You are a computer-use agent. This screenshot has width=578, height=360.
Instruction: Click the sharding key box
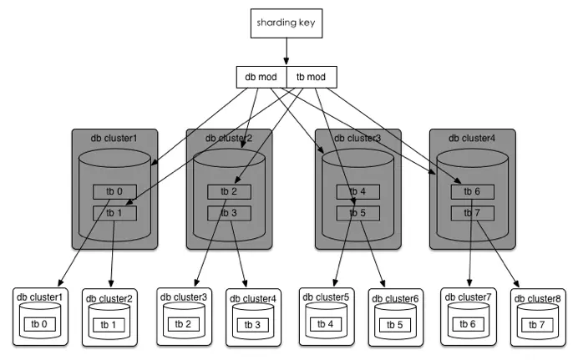(x=286, y=22)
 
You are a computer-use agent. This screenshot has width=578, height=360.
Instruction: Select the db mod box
(x=261, y=78)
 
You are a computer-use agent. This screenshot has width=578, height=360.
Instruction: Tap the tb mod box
(x=312, y=78)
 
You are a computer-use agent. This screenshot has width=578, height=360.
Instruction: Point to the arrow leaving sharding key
(x=286, y=52)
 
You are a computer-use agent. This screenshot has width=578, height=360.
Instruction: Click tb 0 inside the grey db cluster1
(x=114, y=191)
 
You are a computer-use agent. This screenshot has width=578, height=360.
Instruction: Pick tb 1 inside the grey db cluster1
(x=114, y=212)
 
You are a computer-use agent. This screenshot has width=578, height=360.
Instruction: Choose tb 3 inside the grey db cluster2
(x=229, y=212)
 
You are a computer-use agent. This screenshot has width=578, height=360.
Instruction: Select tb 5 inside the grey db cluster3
(x=357, y=212)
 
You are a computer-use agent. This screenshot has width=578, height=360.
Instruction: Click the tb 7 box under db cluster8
(x=538, y=324)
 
